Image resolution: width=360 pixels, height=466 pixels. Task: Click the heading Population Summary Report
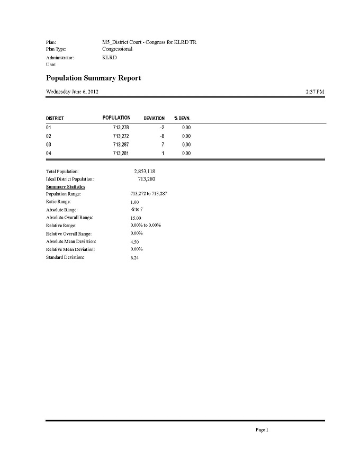tap(94, 78)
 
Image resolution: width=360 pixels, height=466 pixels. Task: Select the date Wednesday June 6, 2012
tap(73, 92)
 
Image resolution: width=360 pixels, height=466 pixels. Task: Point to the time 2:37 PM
tap(315, 92)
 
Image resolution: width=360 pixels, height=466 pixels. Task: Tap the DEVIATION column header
tap(154, 118)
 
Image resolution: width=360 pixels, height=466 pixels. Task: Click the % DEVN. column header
tap(182, 118)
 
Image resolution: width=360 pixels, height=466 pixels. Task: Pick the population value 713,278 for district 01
tap(121, 128)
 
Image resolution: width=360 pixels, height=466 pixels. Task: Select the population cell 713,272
tap(121, 136)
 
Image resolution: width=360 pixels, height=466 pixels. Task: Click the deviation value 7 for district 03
tap(163, 145)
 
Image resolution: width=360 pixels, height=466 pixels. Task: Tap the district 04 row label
tap(49, 153)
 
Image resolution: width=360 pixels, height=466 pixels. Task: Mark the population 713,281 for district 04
tap(121, 153)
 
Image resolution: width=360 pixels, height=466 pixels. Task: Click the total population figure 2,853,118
tap(145, 172)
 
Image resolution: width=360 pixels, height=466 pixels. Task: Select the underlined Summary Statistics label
tap(66, 187)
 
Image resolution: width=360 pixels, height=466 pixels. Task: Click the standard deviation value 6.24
tap(136, 258)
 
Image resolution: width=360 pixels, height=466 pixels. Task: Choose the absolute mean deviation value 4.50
tap(136, 242)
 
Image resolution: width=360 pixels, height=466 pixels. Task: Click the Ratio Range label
tap(58, 202)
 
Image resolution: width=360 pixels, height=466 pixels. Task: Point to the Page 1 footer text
tap(262, 430)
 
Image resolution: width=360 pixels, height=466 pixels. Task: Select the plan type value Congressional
tap(118, 49)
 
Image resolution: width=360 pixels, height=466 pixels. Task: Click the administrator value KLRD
tap(109, 57)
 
